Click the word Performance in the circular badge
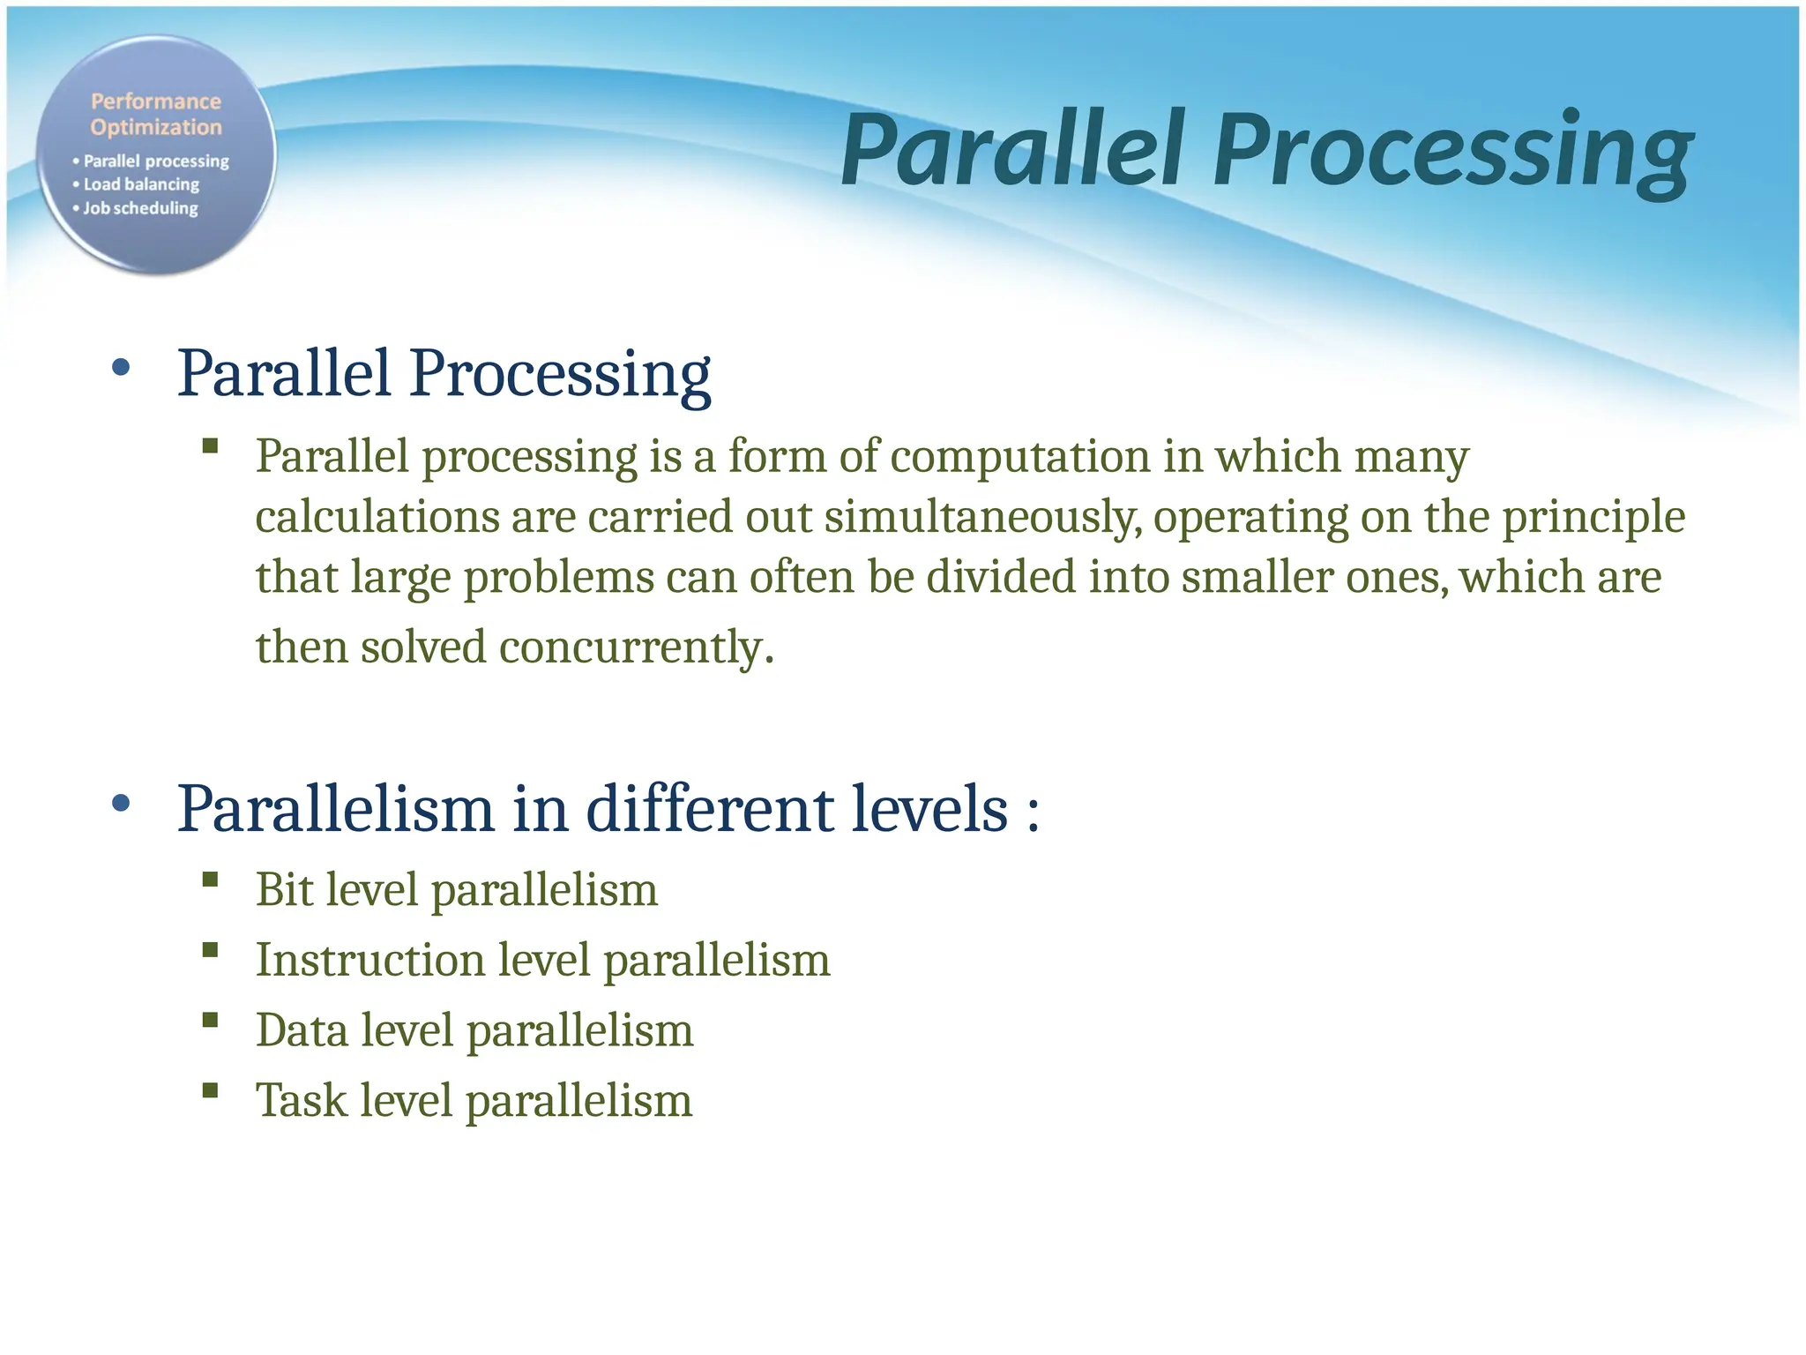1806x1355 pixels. pos(156,101)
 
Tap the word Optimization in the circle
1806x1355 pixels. pos(156,127)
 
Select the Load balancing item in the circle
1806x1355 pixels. pos(141,184)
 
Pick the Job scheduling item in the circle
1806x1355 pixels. pos(140,208)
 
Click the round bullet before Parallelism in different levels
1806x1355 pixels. pos(122,804)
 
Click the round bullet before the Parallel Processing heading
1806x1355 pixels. pos(122,368)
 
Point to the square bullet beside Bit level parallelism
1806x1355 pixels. pos(210,880)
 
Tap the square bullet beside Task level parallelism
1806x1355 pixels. pos(210,1090)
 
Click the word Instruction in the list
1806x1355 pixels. pos(369,960)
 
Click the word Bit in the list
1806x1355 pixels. pos(284,889)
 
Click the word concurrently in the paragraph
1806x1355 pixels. pos(635,648)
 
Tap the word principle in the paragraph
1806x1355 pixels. pos(1593,517)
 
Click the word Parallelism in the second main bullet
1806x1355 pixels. pos(335,809)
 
